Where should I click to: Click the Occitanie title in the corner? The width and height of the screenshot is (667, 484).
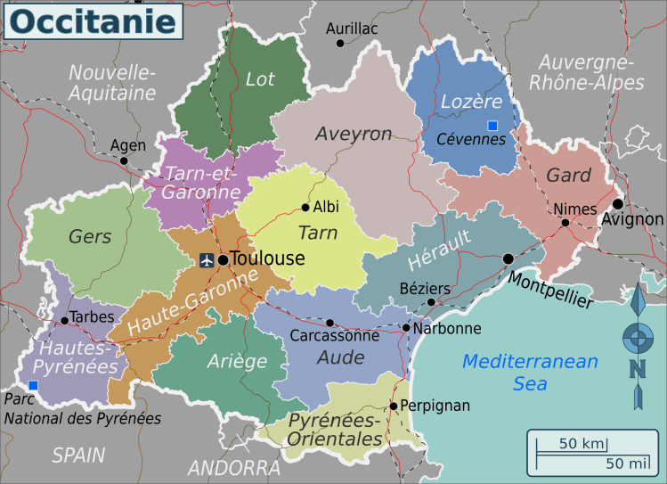click(x=93, y=21)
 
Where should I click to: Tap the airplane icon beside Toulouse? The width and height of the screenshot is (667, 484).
click(x=207, y=260)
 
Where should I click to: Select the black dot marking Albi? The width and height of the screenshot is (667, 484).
click(x=305, y=208)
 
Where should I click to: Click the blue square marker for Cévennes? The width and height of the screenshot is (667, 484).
click(x=492, y=125)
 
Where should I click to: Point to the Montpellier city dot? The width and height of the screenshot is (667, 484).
click(x=508, y=258)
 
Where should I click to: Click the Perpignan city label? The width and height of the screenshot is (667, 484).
click(x=435, y=406)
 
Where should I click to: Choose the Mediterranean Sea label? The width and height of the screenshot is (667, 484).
click(x=530, y=372)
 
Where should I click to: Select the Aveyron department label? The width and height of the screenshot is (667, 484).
click(x=354, y=134)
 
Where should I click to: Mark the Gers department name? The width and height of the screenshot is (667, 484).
click(x=90, y=236)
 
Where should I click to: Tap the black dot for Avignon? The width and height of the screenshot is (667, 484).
click(x=617, y=203)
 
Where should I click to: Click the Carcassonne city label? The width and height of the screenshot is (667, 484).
click(x=334, y=336)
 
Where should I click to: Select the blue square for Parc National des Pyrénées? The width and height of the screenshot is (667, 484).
click(x=33, y=385)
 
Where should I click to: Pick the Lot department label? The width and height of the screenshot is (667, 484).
click(x=260, y=79)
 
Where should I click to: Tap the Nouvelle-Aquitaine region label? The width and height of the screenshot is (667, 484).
click(x=112, y=81)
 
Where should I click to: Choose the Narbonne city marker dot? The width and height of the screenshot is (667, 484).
click(x=406, y=328)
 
